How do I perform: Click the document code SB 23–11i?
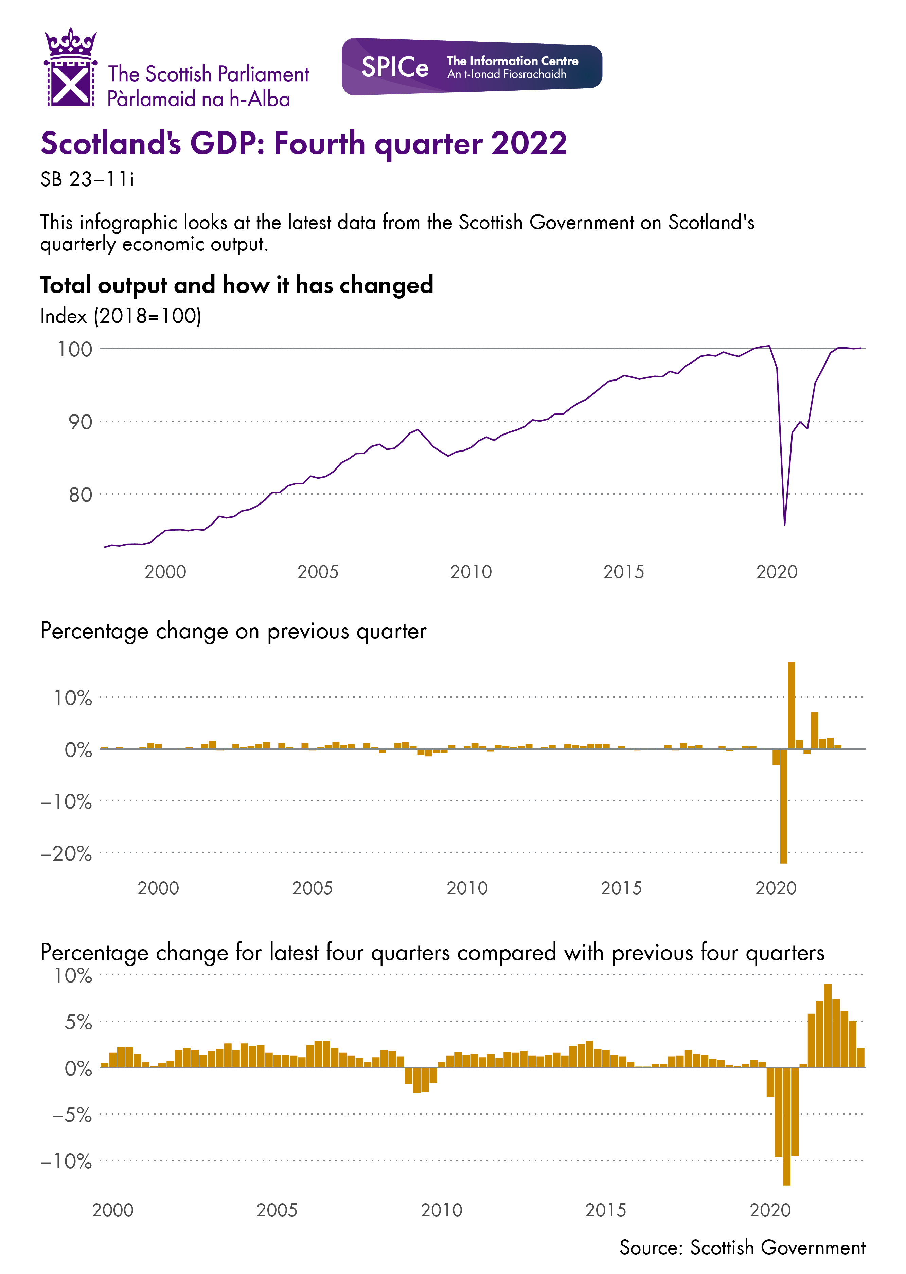[x=87, y=180]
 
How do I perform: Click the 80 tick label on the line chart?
[x=80, y=495]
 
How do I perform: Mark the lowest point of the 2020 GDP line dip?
[x=784, y=524]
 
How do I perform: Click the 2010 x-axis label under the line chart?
[x=471, y=572]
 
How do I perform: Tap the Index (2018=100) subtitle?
[x=121, y=316]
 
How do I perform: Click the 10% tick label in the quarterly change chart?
[x=72, y=698]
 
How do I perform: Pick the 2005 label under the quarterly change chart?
[x=313, y=888]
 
